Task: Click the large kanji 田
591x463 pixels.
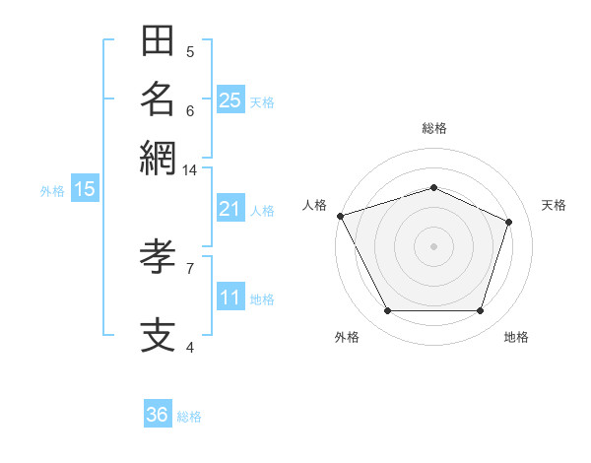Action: pos(158,40)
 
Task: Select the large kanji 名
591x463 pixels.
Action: pos(158,99)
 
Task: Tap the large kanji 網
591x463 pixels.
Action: pos(158,159)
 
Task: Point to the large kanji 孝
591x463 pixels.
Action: pos(158,256)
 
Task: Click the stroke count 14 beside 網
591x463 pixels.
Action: pos(189,170)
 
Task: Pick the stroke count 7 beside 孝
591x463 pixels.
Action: pos(190,269)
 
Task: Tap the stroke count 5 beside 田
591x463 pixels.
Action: pos(190,52)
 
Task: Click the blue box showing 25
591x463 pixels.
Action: pos(230,99)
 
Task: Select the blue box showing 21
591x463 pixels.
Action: pos(230,208)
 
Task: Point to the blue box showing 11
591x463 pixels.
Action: pos(230,296)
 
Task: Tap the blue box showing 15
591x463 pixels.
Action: pos(85,188)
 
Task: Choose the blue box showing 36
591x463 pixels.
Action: pos(158,413)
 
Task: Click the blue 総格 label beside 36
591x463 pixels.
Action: pos(189,417)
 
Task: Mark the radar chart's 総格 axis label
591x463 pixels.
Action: pos(434,128)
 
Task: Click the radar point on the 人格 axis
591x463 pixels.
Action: pos(341,216)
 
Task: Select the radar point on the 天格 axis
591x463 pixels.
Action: pos(508,222)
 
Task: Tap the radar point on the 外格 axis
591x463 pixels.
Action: pos(388,310)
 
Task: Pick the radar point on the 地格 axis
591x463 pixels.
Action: pos(480,310)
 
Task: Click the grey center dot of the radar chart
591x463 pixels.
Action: pos(433,246)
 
